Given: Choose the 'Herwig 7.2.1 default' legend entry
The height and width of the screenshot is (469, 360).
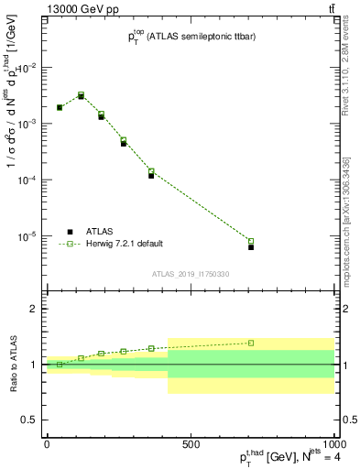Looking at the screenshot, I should [124, 244].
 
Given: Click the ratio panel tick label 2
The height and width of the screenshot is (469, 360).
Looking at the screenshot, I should [34, 310].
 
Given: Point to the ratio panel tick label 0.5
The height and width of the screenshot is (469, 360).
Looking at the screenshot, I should [29, 420].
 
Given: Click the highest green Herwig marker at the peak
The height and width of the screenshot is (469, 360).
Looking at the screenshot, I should [82, 94].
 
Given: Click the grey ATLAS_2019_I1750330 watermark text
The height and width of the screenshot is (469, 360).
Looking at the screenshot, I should [191, 274].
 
